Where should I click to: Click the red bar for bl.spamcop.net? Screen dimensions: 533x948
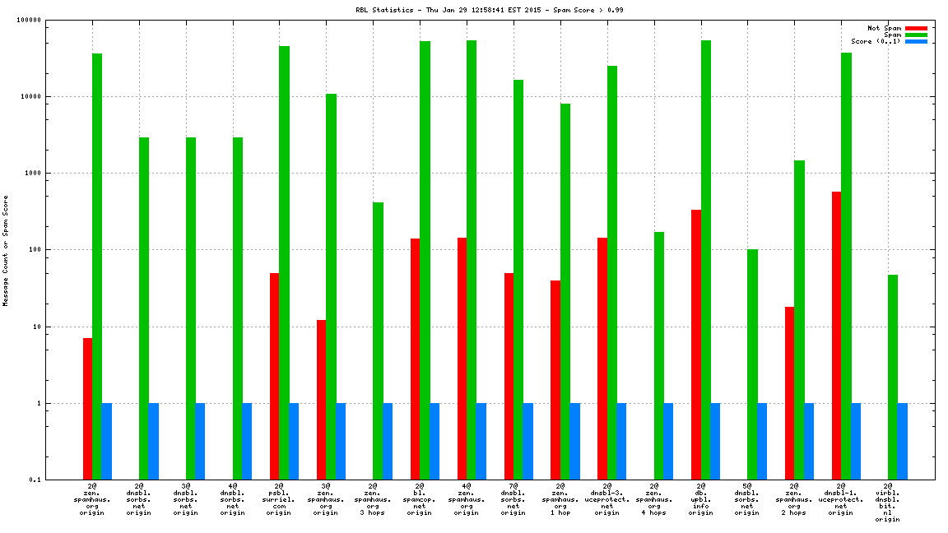pos(415,359)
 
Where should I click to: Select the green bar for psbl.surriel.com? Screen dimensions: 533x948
pos(284,263)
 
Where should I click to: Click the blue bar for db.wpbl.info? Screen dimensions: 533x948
pos(715,441)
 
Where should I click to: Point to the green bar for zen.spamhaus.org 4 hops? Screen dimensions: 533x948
pos(659,355)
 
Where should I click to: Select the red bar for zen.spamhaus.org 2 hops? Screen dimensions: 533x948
pos(790,393)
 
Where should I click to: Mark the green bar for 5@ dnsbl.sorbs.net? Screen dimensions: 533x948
pos(752,364)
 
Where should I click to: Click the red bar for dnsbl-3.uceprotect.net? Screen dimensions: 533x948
pos(602,359)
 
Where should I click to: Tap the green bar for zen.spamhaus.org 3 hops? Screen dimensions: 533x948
pos(378,341)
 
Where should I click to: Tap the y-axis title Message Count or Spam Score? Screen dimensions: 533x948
pos(6,250)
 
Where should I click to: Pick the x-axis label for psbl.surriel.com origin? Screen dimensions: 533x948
pos(279,500)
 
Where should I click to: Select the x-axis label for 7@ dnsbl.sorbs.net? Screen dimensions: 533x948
pos(513,500)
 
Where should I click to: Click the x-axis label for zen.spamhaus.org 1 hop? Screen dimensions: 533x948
pos(560,500)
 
